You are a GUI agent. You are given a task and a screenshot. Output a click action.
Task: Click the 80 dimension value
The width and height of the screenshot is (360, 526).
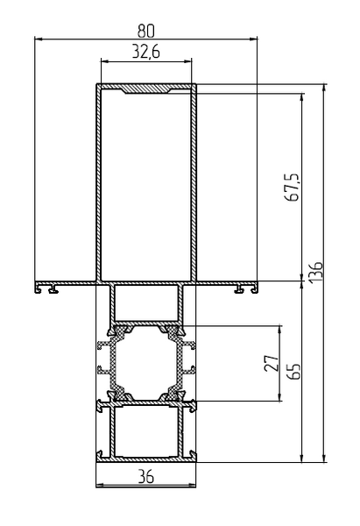coord(145,32)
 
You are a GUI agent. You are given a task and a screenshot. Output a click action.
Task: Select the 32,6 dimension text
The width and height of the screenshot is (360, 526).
coord(145,52)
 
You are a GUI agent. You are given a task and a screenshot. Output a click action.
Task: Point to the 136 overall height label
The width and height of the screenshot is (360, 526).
coord(316,272)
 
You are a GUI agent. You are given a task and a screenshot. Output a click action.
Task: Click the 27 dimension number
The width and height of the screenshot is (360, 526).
coord(272,363)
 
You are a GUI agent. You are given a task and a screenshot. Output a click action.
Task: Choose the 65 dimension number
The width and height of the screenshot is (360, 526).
coord(294,372)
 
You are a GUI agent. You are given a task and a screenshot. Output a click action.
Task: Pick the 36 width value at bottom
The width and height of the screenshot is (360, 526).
coord(145,476)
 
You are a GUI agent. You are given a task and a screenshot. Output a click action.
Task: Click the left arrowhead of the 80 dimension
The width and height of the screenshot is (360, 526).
coord(39,39)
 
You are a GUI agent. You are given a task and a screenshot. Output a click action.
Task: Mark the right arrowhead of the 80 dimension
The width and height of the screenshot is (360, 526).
coord(253,39)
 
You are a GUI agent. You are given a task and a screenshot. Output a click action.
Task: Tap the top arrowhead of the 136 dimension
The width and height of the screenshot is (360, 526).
coord(324,89)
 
